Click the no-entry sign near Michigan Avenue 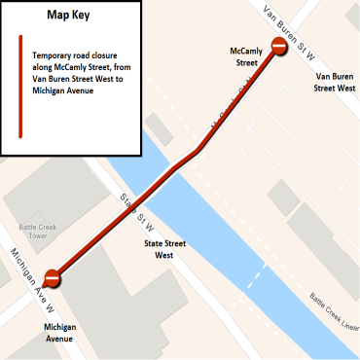pos(54,279)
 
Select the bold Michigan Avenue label pos(60,333)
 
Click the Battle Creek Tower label pos(32,232)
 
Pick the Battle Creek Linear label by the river pos(334,309)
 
